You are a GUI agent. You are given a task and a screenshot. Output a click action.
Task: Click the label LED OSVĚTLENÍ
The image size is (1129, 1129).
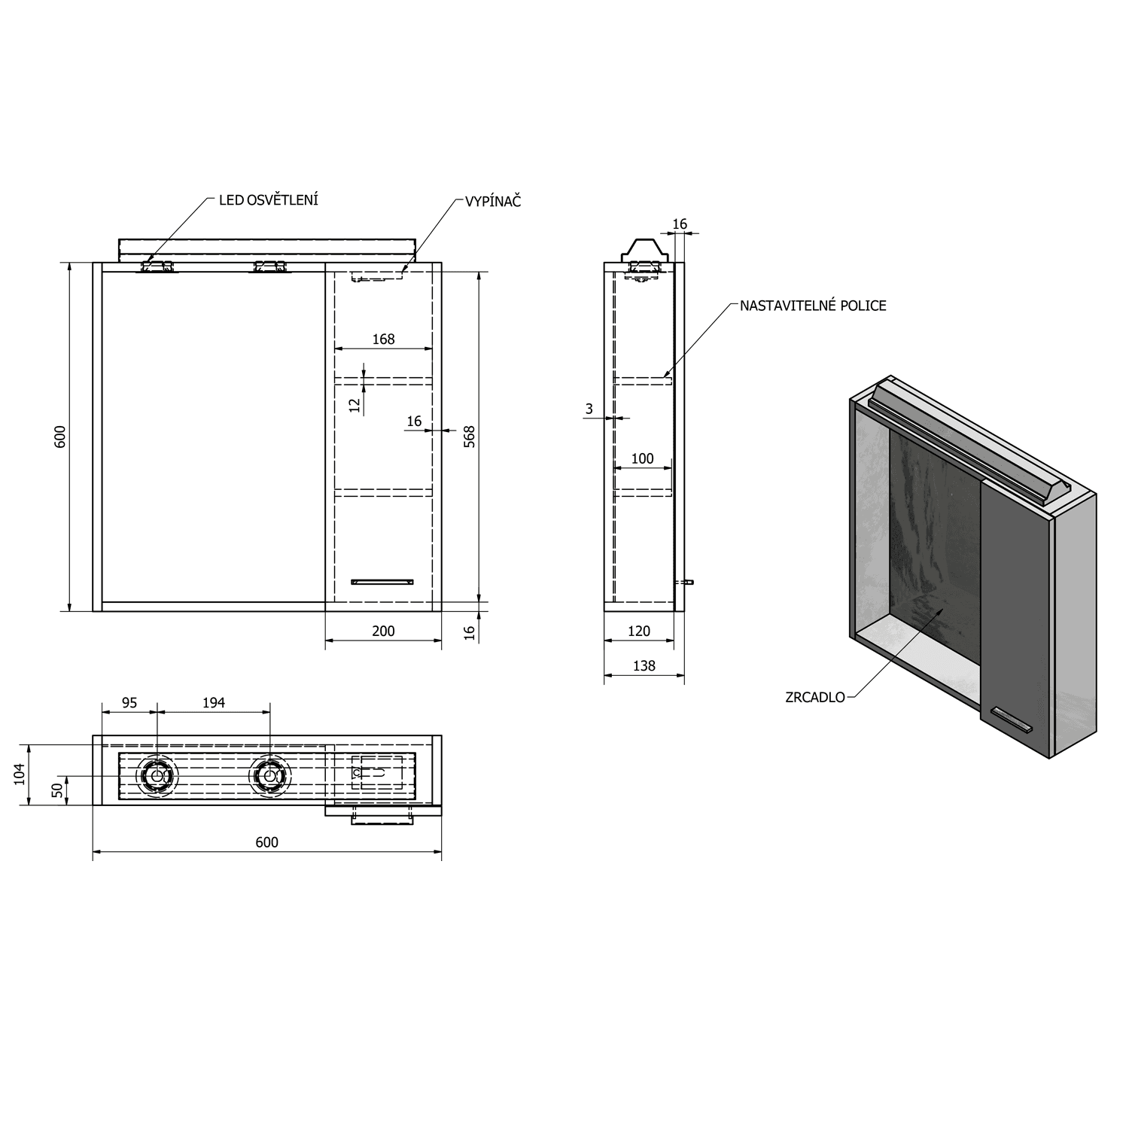(268, 200)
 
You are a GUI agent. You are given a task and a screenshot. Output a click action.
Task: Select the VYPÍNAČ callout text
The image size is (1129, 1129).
(493, 202)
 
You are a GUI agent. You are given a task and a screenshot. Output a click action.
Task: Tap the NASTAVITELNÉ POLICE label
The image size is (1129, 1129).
(812, 306)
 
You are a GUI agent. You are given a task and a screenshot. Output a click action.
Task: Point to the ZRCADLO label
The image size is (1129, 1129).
(814, 697)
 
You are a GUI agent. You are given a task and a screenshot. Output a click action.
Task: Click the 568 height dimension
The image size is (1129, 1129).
(470, 437)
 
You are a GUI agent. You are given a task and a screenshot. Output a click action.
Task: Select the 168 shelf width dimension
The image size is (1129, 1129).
(383, 339)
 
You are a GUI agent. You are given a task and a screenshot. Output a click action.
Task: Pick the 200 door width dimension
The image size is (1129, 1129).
(383, 631)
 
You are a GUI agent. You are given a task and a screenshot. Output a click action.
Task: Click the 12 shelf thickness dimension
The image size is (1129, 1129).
(355, 405)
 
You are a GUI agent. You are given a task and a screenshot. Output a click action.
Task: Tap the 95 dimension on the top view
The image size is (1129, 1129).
(129, 702)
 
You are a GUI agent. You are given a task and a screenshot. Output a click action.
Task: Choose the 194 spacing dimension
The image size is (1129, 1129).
(214, 702)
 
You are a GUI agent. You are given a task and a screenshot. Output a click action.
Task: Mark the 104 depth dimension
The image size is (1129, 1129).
(20, 774)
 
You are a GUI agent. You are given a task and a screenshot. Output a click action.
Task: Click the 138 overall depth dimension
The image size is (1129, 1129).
(644, 665)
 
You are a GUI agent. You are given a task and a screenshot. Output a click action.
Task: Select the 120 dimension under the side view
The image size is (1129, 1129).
(638, 631)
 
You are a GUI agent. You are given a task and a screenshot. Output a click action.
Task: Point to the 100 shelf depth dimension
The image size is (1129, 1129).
(642, 458)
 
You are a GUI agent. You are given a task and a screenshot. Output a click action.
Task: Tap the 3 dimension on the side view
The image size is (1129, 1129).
(589, 409)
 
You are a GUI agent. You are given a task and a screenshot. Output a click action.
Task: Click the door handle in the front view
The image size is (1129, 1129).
(382, 581)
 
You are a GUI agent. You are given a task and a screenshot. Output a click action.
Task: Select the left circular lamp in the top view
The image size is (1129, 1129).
(157, 774)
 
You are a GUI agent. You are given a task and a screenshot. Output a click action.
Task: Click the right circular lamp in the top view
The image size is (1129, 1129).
(269, 774)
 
